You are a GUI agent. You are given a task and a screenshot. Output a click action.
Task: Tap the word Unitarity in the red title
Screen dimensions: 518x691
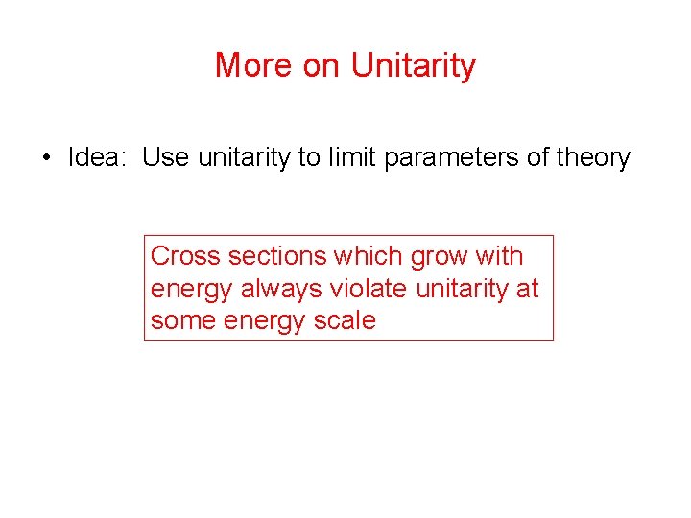pos(414,65)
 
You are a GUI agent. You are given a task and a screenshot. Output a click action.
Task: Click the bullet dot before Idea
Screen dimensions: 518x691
pos(46,157)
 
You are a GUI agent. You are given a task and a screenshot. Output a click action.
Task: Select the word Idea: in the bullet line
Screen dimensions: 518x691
pos(99,157)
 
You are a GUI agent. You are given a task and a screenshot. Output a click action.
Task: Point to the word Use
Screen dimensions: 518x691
pos(166,157)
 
